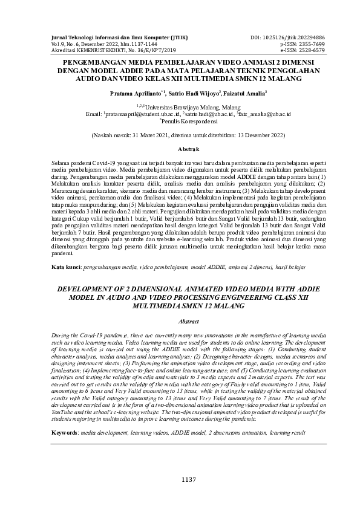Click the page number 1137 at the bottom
180,479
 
